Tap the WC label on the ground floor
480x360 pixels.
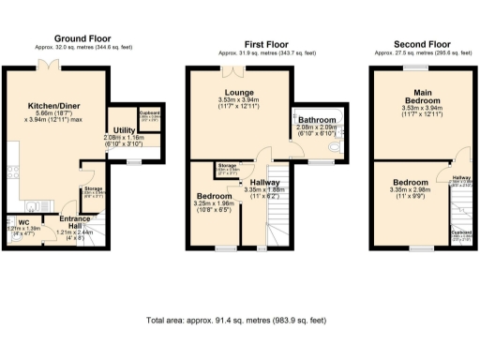point(18,221)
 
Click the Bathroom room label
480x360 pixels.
point(317,121)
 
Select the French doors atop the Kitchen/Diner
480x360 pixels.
point(48,65)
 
